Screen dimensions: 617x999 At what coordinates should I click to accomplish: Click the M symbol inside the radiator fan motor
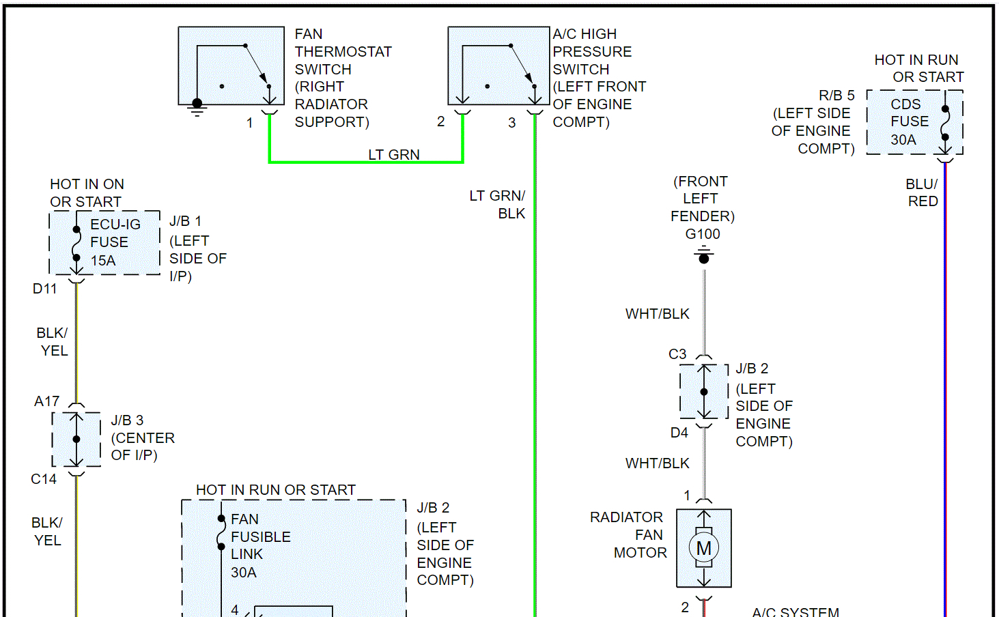tap(704, 548)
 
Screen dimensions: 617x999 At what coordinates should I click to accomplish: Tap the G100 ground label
tap(703, 234)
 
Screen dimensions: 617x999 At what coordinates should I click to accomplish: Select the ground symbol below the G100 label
tap(704, 257)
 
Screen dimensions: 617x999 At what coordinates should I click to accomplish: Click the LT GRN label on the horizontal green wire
tap(394, 155)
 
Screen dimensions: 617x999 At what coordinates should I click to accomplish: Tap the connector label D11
tap(45, 289)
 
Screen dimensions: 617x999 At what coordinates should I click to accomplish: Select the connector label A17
tap(47, 401)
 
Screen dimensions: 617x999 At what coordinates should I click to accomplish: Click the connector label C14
tap(44, 479)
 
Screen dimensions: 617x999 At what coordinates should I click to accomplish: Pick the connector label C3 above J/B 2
tap(677, 354)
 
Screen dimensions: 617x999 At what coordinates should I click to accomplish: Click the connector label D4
tap(679, 433)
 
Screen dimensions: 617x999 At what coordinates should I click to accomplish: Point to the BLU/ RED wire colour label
tap(922, 192)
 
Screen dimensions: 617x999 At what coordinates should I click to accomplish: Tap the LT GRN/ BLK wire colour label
tap(498, 205)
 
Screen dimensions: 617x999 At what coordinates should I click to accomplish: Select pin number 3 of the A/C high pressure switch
tap(511, 123)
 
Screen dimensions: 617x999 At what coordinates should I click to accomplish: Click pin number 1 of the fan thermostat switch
tap(250, 123)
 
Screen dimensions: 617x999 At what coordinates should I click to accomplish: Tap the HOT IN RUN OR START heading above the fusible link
tap(276, 490)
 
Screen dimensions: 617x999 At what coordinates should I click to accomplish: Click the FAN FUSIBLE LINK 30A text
tap(259, 545)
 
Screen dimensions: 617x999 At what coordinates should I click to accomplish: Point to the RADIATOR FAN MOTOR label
tap(628, 535)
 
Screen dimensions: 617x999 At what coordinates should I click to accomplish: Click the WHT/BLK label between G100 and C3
tap(658, 314)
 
